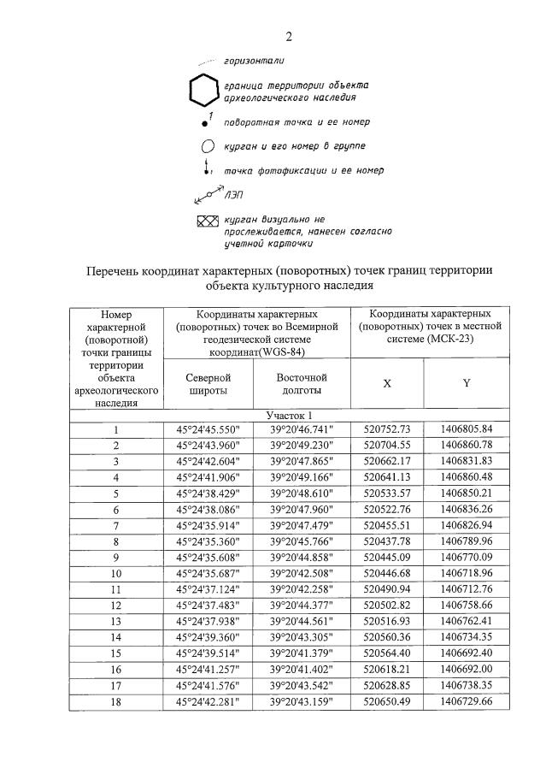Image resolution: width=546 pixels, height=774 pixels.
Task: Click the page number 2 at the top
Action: click(289, 36)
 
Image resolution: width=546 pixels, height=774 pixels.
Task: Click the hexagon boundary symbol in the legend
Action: click(203, 92)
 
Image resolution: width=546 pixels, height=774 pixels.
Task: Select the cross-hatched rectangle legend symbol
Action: click(208, 222)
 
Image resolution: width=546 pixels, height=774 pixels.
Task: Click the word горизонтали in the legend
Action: click(254, 62)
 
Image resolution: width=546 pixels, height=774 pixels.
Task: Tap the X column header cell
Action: click(387, 383)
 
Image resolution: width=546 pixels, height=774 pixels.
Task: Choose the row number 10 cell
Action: click(116, 572)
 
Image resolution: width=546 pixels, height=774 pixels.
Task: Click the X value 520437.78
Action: click(388, 541)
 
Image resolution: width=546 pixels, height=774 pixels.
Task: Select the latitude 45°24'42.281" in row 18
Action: click(208, 701)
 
